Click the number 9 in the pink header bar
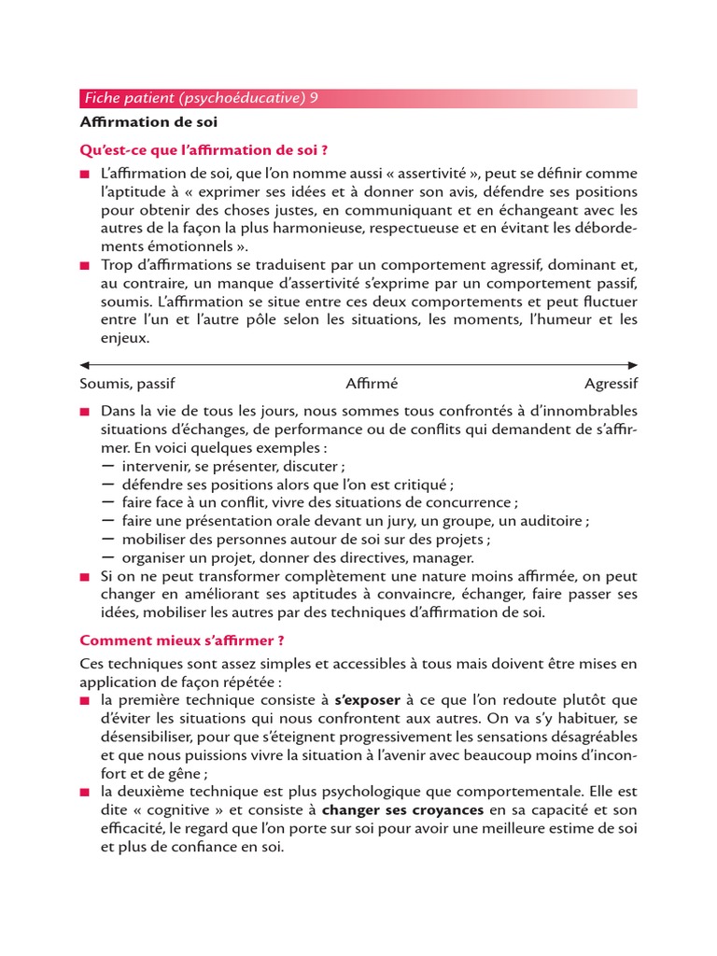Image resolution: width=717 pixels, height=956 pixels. (314, 98)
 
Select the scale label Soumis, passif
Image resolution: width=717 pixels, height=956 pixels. (127, 384)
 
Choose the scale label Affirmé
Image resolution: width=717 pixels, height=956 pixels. (372, 384)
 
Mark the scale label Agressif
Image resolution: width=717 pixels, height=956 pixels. (612, 384)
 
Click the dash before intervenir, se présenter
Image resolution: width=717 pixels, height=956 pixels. (107, 466)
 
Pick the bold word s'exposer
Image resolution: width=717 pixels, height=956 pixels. (367, 699)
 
